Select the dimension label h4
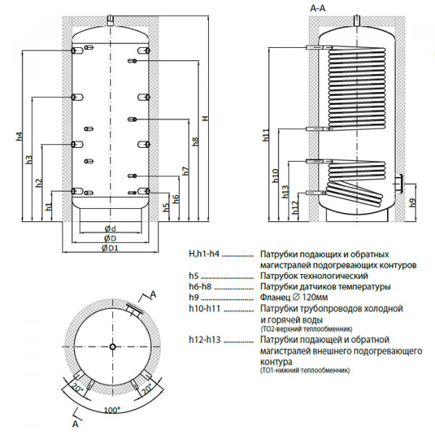[18, 135]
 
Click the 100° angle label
[111, 410]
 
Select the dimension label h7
[186, 172]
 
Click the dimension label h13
[284, 191]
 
